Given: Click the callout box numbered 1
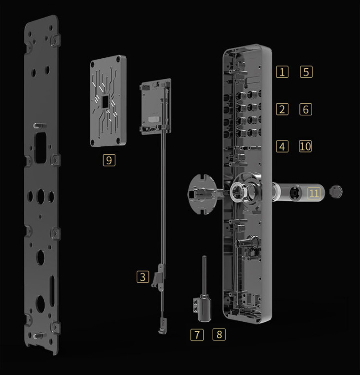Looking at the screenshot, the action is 282,72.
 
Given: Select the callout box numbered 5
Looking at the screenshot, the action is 306,72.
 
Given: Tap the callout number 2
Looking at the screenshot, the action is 282,109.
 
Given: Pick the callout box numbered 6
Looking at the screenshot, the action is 306,109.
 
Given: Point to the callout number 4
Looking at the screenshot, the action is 282,147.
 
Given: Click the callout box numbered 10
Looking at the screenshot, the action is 305,147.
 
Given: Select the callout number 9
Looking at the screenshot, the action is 109,160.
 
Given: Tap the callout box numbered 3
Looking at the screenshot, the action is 143,277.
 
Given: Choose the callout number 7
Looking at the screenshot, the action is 197,335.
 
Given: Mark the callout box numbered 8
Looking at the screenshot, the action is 219,334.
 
